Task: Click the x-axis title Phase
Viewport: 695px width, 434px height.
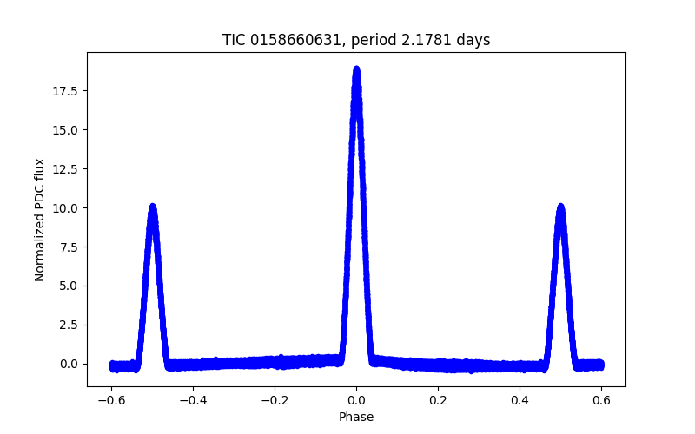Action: coord(356,417)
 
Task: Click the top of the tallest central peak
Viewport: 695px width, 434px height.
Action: coord(356,69)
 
